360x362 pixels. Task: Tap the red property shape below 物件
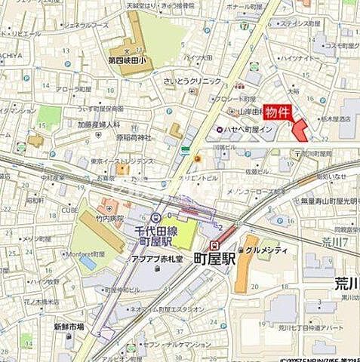coord(300,130)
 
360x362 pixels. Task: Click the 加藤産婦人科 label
coord(99,124)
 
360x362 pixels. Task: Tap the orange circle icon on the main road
coord(197,158)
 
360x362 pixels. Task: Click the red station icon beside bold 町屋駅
coord(216,245)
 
